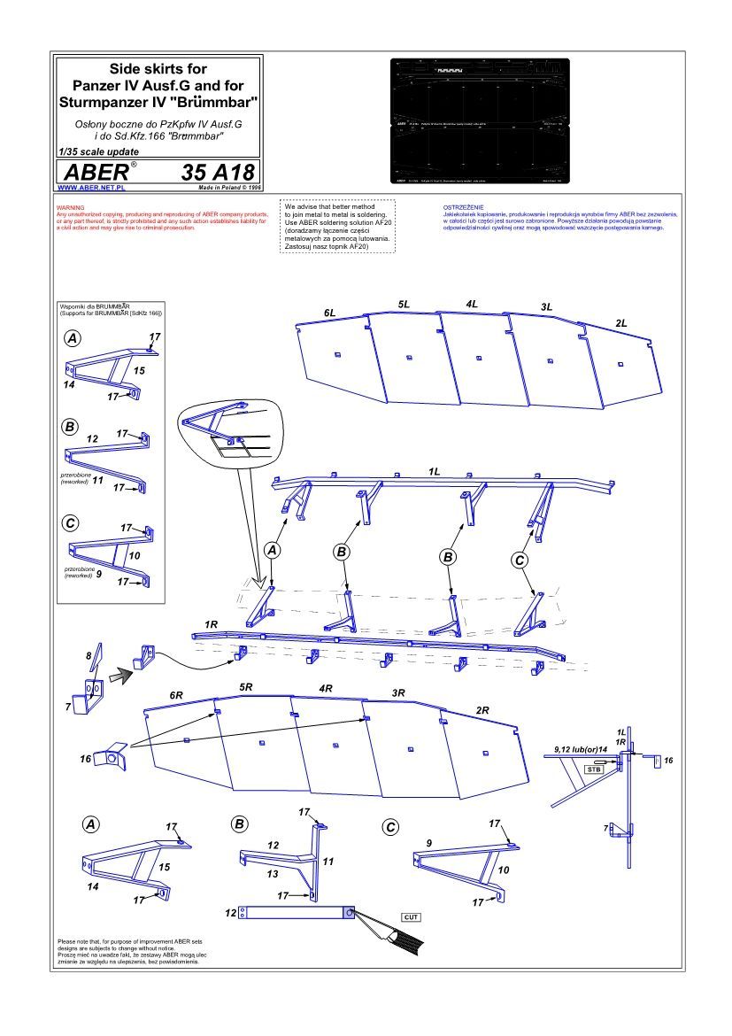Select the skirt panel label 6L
coord(329,313)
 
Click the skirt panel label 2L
coord(621,323)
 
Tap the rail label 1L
coord(434,472)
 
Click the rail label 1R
coord(211,624)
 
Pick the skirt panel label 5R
coord(246,686)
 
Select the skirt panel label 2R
coord(482,710)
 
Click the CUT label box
coord(410,916)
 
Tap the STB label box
coord(594,769)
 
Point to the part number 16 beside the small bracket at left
coord(86,759)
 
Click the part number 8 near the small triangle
coord(89,656)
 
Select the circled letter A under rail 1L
coord(273,550)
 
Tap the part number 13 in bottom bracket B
coord(274,873)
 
